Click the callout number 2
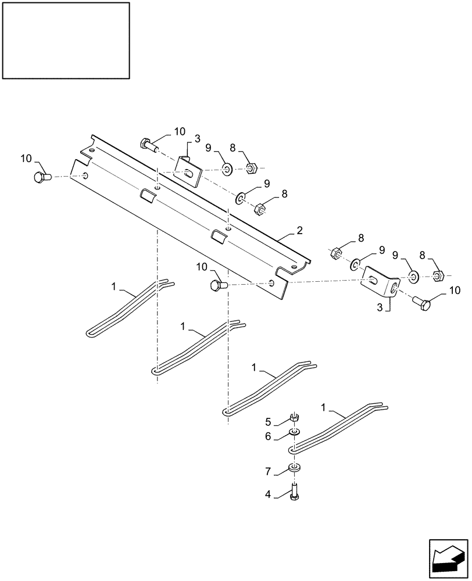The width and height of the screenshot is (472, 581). pyautogui.click(x=299, y=231)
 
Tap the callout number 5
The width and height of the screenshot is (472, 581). pyautogui.click(x=268, y=421)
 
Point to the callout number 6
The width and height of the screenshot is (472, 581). pyautogui.click(x=268, y=436)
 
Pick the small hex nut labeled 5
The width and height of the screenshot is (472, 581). pyautogui.click(x=294, y=417)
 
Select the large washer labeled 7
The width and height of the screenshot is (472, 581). pyautogui.click(x=295, y=468)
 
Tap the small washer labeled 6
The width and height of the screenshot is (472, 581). pyautogui.click(x=295, y=433)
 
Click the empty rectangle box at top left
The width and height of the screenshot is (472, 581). pyautogui.click(x=66, y=40)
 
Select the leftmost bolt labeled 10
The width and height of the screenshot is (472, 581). pyautogui.click(x=42, y=176)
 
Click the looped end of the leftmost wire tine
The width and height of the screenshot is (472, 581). pyautogui.click(x=91, y=332)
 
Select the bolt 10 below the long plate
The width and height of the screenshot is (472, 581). pyautogui.click(x=218, y=285)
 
